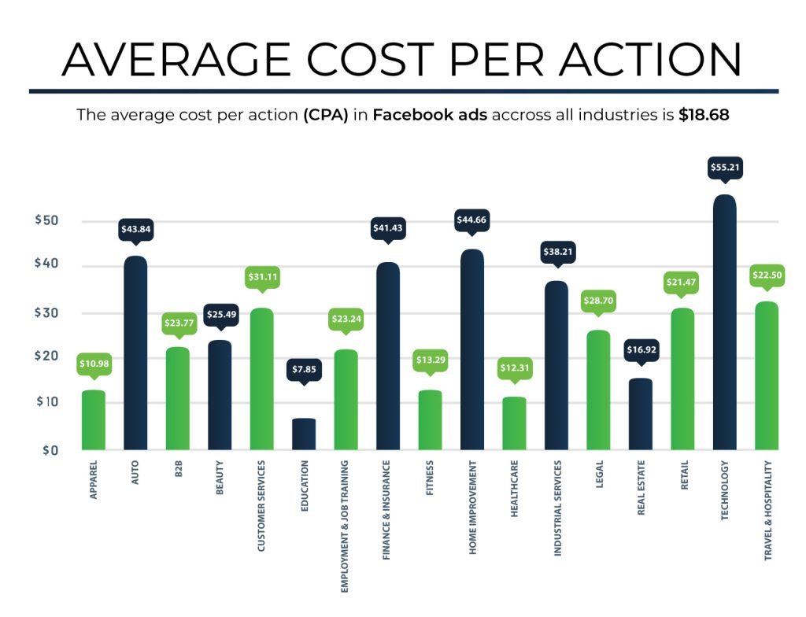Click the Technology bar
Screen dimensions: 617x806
point(724,323)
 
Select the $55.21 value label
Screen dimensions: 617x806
point(724,168)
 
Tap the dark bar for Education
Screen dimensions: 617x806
point(304,434)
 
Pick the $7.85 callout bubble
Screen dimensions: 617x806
point(304,369)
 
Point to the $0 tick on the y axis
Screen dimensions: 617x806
point(50,450)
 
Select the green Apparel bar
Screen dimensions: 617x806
point(93,420)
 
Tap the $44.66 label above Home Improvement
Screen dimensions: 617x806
point(472,220)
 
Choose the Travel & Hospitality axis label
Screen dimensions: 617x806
point(767,511)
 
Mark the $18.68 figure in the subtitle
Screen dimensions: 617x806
point(704,115)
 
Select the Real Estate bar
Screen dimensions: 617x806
point(640,414)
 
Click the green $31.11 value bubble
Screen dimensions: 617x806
point(261,277)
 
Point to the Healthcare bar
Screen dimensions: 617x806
point(514,423)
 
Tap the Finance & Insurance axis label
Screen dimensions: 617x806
point(387,512)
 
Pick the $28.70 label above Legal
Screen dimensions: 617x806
point(598,301)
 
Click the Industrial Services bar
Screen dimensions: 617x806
point(556,366)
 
